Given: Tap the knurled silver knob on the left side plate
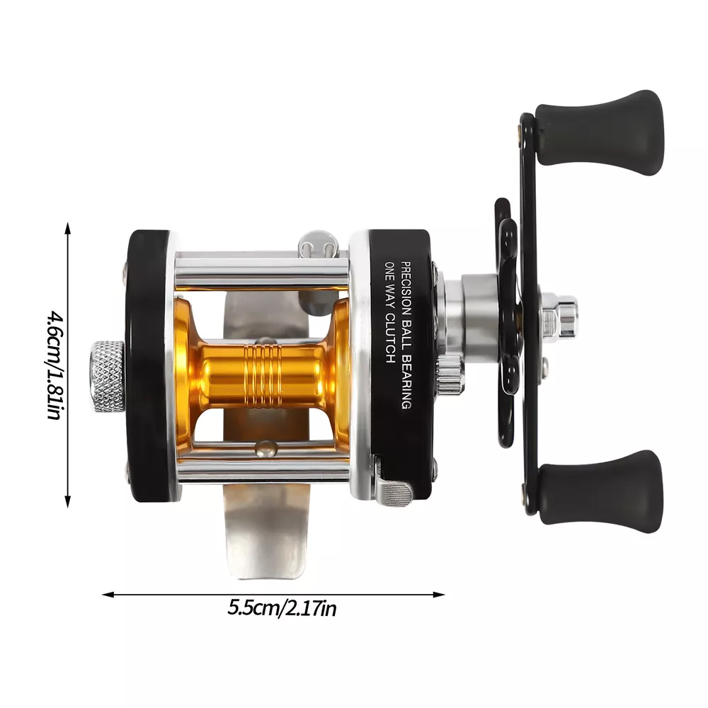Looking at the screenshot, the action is (x=108, y=377).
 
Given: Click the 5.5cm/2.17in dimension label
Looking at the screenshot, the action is (x=282, y=607).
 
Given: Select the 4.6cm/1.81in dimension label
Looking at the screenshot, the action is (x=55, y=365).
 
